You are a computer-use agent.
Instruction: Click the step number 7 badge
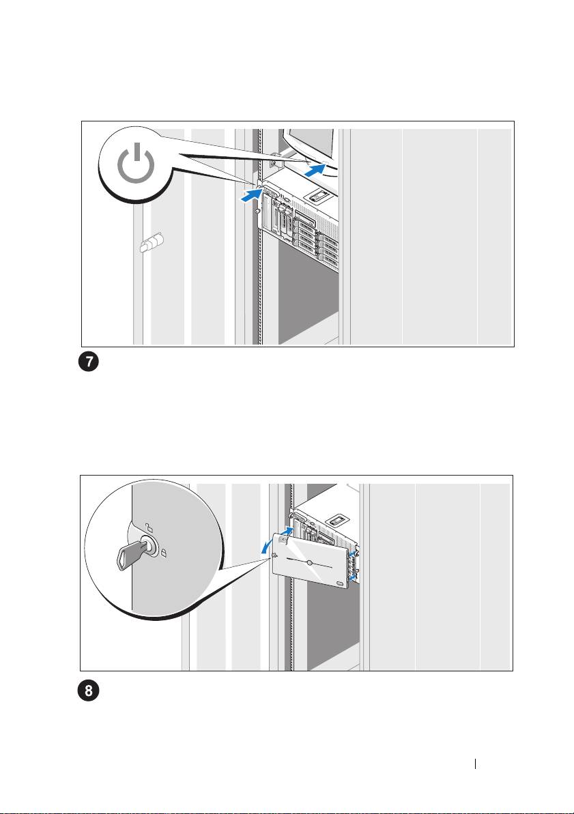(x=89, y=362)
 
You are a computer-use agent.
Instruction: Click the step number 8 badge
(x=89, y=692)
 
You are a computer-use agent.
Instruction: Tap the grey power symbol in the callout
(x=136, y=163)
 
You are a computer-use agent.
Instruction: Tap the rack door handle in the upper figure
(x=151, y=242)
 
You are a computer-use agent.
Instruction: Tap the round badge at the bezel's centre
(x=309, y=563)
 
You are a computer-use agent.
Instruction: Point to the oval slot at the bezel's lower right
(x=340, y=584)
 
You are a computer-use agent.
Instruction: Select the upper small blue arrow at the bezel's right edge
(x=354, y=554)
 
